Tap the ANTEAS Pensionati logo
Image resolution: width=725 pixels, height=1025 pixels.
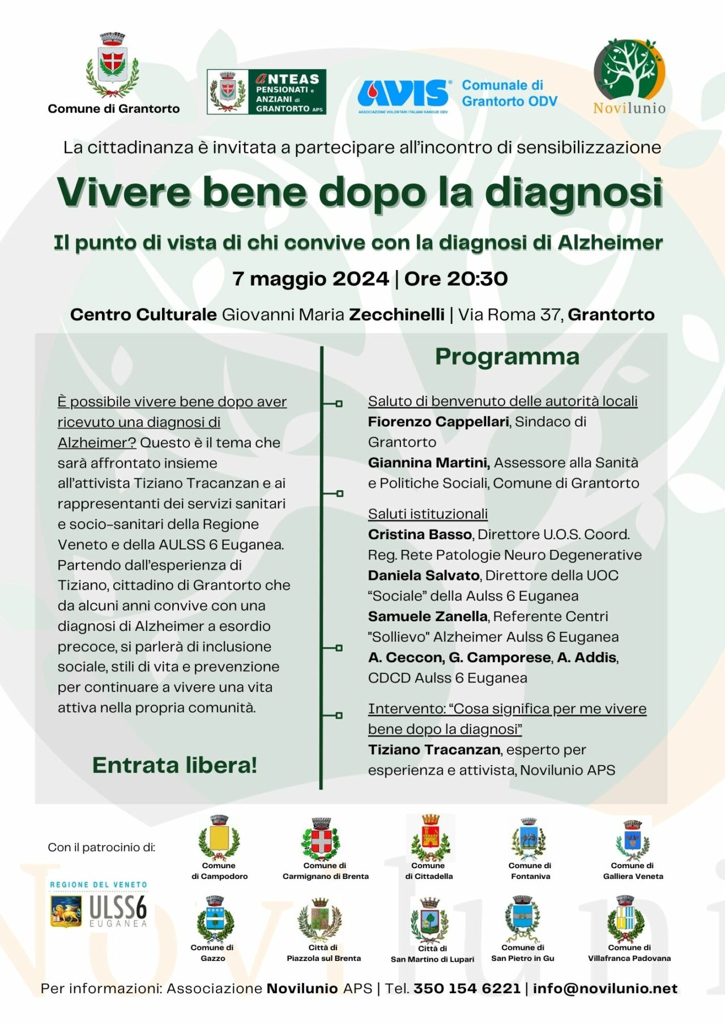[266, 92]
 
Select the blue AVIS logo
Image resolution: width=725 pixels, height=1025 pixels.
[403, 93]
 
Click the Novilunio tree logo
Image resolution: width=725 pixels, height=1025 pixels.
[629, 69]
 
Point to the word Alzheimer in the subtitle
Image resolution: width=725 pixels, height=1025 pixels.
[610, 243]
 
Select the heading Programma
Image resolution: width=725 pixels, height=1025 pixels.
[507, 357]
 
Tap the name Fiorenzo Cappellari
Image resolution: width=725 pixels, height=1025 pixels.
[438, 422]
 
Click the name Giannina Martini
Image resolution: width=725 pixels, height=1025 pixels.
[429, 463]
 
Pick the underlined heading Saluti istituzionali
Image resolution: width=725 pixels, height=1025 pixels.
[428, 514]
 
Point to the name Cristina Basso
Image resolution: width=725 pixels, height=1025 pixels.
[420, 535]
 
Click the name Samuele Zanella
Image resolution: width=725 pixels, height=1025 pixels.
[428, 617]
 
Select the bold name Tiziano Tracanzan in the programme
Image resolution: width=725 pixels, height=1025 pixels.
[434, 750]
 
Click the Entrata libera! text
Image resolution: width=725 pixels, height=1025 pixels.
[174, 766]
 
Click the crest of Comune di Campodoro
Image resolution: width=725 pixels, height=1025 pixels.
[219, 838]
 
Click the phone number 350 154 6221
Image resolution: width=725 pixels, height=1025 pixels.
[467, 989]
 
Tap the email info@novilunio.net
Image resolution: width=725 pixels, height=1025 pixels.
[605, 989]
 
